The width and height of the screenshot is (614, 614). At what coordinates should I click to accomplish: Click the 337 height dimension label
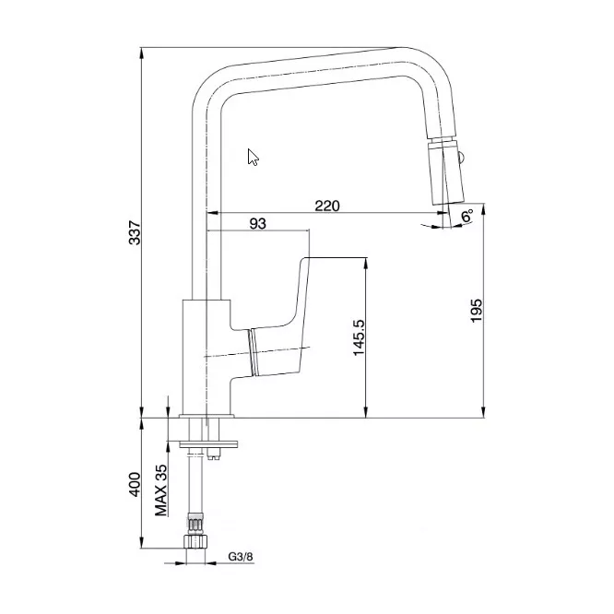[135, 232]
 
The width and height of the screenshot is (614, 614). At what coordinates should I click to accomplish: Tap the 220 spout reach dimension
[327, 206]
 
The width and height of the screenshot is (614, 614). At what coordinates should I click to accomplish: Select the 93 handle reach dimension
[257, 224]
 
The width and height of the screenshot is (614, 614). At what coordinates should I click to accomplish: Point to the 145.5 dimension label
[359, 337]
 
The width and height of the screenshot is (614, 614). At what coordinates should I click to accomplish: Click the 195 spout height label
[476, 311]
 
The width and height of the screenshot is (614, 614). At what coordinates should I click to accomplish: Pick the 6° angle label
[466, 216]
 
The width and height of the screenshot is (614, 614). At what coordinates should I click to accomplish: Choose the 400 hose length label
[135, 484]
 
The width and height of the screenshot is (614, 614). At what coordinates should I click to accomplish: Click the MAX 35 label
[161, 490]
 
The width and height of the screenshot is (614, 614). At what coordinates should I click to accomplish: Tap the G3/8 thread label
[241, 557]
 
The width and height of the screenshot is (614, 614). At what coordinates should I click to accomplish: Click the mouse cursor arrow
[253, 157]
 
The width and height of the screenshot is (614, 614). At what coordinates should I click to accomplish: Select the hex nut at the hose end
[195, 541]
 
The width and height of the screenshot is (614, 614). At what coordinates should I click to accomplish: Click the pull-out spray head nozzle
[445, 171]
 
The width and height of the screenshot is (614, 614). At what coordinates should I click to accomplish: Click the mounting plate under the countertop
[208, 444]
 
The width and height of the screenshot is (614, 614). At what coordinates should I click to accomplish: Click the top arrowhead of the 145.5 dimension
[366, 263]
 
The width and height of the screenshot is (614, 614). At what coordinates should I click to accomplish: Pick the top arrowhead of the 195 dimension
[484, 208]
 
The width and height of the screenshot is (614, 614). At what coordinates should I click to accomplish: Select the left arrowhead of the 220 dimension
[212, 213]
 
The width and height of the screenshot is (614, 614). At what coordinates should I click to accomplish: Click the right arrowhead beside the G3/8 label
[211, 563]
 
